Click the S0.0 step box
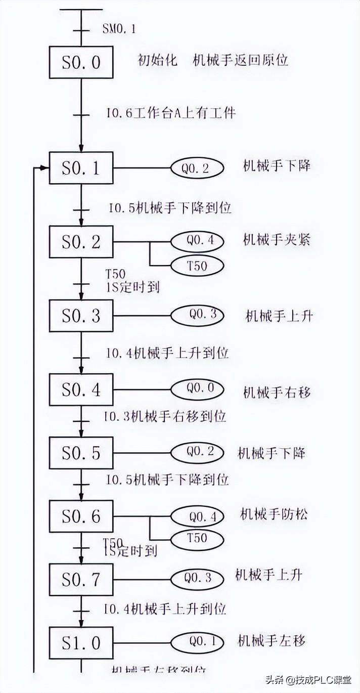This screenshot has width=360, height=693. pos(81,62)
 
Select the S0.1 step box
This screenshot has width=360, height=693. pos(81,168)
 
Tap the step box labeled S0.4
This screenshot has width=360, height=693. pos(81,390)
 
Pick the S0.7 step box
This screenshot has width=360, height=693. pos(81,580)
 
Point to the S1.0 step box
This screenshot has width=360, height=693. pos(81,643)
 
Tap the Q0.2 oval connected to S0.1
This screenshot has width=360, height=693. pos(196,168)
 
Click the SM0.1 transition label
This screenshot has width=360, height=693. pos(118,29)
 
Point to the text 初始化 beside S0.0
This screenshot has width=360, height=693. pos(157,60)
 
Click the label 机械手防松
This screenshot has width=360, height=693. pos(274,515)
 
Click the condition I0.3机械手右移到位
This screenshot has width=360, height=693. pos(165,417)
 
